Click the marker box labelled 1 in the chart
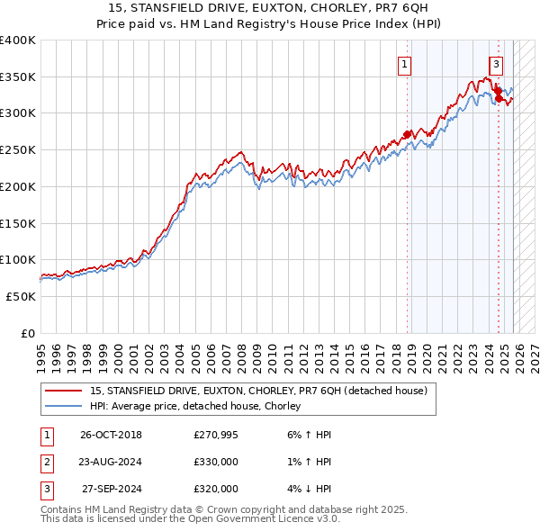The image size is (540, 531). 405,64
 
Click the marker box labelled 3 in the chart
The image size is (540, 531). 496,64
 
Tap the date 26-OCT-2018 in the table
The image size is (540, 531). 111,435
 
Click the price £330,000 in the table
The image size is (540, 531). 216,462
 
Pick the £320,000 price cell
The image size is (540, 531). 216,489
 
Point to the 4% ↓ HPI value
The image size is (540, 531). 307,489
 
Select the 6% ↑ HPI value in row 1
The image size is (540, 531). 307,435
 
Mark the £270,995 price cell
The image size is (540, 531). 216,435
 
